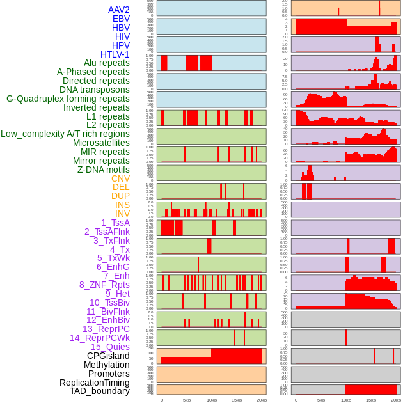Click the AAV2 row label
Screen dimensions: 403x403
pyautogui.click(x=118, y=10)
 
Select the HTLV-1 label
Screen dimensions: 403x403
pyautogui.click(x=115, y=54)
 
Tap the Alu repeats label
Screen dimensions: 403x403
pyautogui.click(x=106, y=63)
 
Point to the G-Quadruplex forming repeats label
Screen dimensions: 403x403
pyautogui.click(x=68, y=99)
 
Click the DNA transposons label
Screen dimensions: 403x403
pyautogui.click(x=95, y=90)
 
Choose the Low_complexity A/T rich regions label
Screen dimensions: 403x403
pyautogui.click(x=65, y=134)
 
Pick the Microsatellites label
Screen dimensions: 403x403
pyautogui.click(x=101, y=143)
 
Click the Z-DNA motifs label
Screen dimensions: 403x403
pyautogui.click(x=104, y=170)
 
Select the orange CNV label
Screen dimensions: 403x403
pyautogui.click(x=120, y=178)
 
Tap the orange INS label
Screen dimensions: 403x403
pyautogui.click(x=122, y=205)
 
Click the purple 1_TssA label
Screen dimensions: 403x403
pyautogui.click(x=115, y=223)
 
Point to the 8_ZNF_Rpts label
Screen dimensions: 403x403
pyautogui.click(x=104, y=285)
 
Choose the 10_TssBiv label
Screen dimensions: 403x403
pyautogui.click(x=109, y=303)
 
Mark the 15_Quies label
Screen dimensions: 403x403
pyautogui.click(x=109, y=347)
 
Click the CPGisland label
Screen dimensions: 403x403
pyautogui.click(x=108, y=356)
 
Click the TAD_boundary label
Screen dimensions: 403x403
pyautogui.click(x=99, y=391)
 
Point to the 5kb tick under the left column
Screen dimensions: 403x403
pyautogui.click(x=187, y=400)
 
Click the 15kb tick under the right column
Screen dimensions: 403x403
pyautogui.click(x=371, y=400)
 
